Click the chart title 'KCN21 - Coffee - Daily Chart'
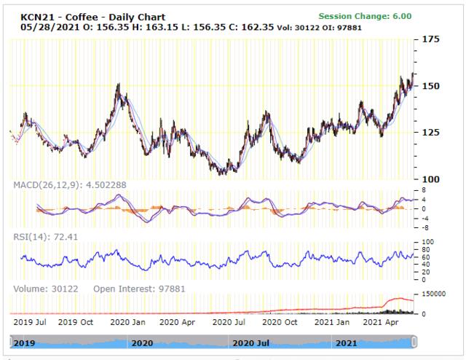pos(92,17)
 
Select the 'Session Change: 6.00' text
pos(365,16)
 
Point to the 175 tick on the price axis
pos(431,39)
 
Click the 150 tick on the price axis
pos(431,86)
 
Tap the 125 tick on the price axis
pos(431,132)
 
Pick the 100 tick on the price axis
pos(431,179)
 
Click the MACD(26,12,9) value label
pos(70,185)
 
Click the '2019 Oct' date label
pos(76,321)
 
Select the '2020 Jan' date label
pos(127,321)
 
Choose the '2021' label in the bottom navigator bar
pos(347,343)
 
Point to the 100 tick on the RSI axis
pos(428,241)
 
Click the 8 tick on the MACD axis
pos(424,190)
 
